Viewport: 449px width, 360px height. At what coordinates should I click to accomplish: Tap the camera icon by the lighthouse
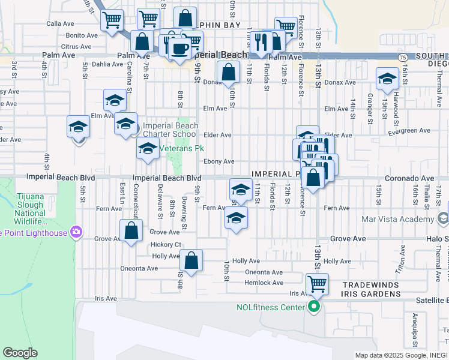click(x=76, y=232)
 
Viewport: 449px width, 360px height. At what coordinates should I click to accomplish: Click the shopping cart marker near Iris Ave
click(x=317, y=283)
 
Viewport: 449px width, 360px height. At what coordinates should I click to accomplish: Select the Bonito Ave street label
click(x=82, y=35)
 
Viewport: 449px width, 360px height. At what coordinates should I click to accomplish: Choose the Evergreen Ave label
click(x=410, y=130)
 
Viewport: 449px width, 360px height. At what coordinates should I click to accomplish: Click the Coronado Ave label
click(x=409, y=178)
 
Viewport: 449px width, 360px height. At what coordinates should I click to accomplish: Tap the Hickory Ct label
click(x=166, y=245)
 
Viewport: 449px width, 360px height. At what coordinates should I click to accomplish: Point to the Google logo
click(x=20, y=353)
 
